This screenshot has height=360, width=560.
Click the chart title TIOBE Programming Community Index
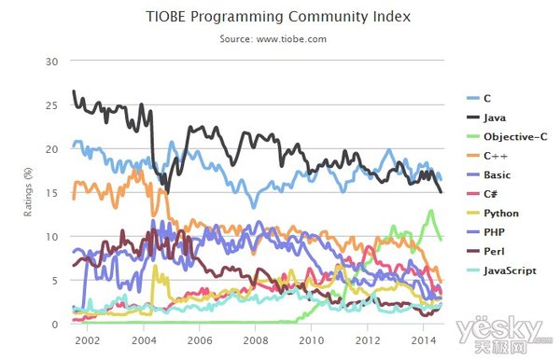278,17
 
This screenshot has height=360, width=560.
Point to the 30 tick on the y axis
51,62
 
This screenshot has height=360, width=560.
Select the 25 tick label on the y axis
51,105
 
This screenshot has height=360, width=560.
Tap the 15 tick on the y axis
51,193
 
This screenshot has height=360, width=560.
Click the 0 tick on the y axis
55,325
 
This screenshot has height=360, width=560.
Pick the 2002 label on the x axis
87,340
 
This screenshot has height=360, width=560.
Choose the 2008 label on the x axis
256,340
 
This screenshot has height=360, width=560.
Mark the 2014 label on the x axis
424,340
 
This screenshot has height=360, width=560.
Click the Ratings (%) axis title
28,192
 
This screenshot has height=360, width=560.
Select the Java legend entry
486,118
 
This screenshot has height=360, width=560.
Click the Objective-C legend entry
507,137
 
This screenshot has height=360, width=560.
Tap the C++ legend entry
487,156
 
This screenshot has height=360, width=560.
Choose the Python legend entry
493,214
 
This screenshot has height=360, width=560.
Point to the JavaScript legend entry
502,270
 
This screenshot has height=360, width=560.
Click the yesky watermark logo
504,334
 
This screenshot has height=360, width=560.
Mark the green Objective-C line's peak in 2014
431,211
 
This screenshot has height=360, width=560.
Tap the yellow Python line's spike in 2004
155,266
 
